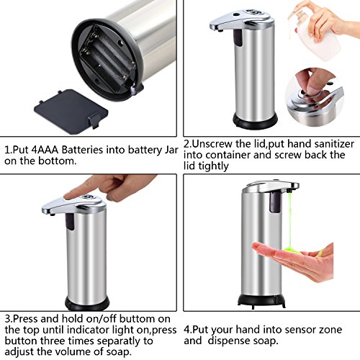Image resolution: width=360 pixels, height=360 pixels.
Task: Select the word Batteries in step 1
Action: click(82, 150)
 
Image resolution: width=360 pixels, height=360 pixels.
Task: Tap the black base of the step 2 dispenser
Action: click(255, 121)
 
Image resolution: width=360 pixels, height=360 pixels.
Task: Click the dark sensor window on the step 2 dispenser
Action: click(238, 38)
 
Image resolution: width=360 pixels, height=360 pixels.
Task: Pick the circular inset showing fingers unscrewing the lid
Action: click(315, 97)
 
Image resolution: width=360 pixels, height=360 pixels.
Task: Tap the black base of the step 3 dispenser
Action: click(87, 303)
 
